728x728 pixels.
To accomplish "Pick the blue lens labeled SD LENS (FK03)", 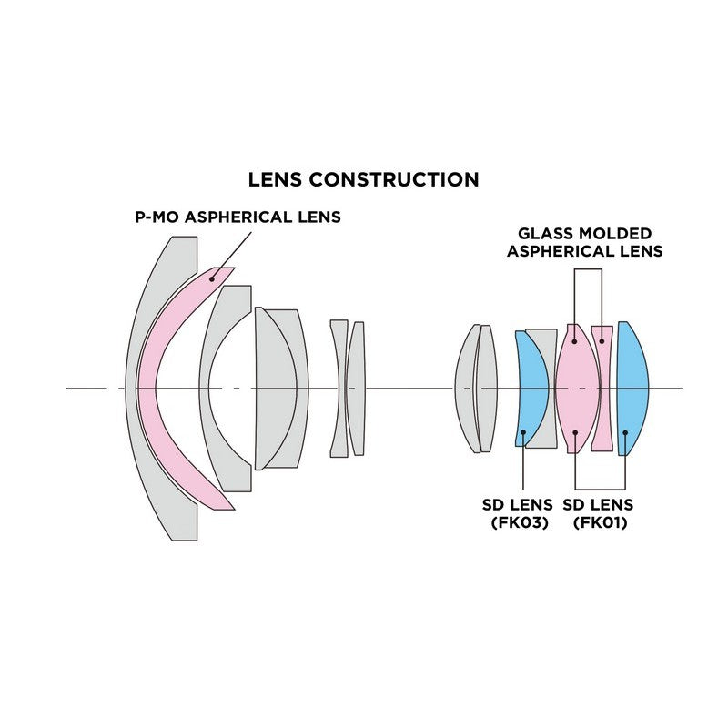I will (529, 389).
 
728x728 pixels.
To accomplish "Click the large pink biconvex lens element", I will (576, 389).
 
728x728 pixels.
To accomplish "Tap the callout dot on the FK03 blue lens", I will (523, 431).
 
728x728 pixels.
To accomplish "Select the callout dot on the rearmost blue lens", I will (626, 431).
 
